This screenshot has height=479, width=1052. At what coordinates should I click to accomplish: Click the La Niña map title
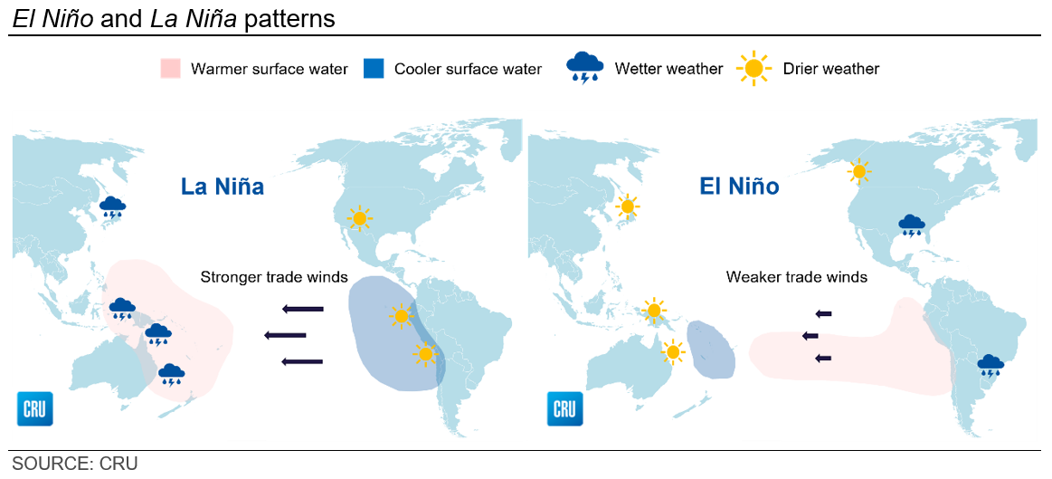pyautogui.click(x=221, y=187)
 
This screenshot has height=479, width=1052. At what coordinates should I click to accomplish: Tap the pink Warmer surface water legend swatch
pyautogui.click(x=170, y=69)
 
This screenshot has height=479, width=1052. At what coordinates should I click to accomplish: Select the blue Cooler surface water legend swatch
pyautogui.click(x=373, y=69)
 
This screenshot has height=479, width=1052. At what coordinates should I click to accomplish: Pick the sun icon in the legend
pyautogui.click(x=753, y=69)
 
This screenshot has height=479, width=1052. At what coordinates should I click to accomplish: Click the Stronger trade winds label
pyautogui.click(x=274, y=277)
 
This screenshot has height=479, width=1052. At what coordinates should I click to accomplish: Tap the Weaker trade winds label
pyautogui.click(x=796, y=277)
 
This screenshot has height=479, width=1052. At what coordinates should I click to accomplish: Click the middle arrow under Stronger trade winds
pyautogui.click(x=285, y=335)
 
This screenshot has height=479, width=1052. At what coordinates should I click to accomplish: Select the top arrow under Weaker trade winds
pyautogui.click(x=823, y=313)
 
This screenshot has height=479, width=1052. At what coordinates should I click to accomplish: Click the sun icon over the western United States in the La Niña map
pyautogui.click(x=360, y=217)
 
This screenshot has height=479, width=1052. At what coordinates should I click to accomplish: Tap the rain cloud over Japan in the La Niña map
pyautogui.click(x=112, y=207)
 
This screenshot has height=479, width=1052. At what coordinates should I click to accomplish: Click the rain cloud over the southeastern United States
pyautogui.click(x=912, y=225)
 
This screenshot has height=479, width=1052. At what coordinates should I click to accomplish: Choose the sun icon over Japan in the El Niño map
pyautogui.click(x=627, y=206)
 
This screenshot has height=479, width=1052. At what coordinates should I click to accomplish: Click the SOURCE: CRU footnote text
pyautogui.click(x=74, y=464)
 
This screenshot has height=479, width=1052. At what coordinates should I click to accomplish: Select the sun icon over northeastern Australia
pyautogui.click(x=672, y=351)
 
